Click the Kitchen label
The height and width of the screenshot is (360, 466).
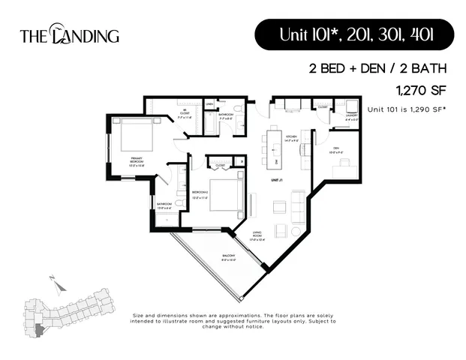291,139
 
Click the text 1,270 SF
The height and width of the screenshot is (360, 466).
421,90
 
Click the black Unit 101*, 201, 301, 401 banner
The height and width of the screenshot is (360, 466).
354,34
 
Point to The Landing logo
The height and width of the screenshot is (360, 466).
69,35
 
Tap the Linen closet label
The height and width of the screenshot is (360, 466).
210,104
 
